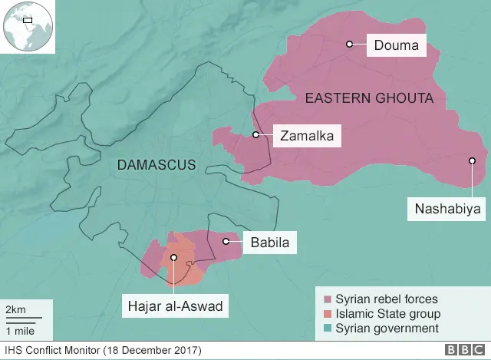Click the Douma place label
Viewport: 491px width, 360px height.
click(396, 46)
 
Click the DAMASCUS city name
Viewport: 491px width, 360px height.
click(157, 164)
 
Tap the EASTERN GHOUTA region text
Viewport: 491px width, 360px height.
click(369, 98)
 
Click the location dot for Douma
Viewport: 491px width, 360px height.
click(349, 45)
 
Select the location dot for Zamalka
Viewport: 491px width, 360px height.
click(256, 135)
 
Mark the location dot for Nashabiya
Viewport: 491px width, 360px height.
click(473, 160)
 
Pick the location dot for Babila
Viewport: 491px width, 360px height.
click(226, 242)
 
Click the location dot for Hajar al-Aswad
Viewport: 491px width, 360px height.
click(174, 258)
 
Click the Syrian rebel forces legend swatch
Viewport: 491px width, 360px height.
click(328, 299)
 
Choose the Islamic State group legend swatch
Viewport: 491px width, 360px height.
click(328, 314)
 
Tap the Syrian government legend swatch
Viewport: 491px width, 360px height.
click(328, 329)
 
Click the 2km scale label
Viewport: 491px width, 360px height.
click(15, 309)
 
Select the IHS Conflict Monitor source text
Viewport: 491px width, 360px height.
click(102, 351)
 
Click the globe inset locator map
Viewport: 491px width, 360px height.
click(27, 27)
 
